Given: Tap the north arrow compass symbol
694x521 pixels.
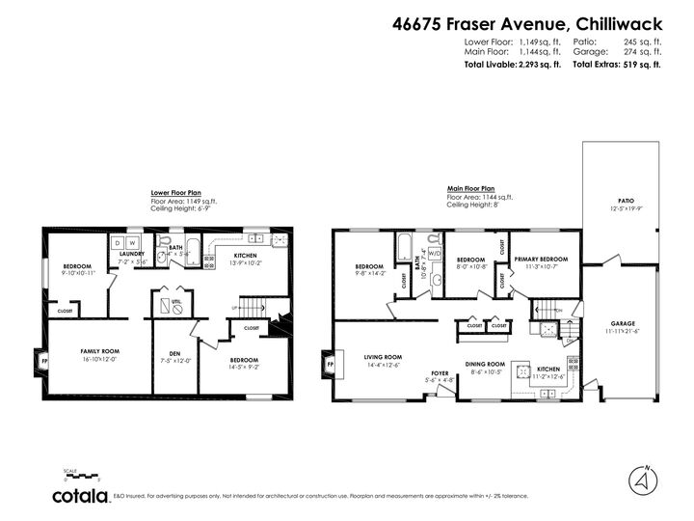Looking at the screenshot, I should point(639,479).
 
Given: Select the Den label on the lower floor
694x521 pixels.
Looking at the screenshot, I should point(174,358).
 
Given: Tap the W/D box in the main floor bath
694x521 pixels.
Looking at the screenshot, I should point(435,255).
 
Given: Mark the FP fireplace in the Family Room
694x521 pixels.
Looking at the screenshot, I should point(42,363).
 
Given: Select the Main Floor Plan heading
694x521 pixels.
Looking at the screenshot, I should point(471,188).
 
